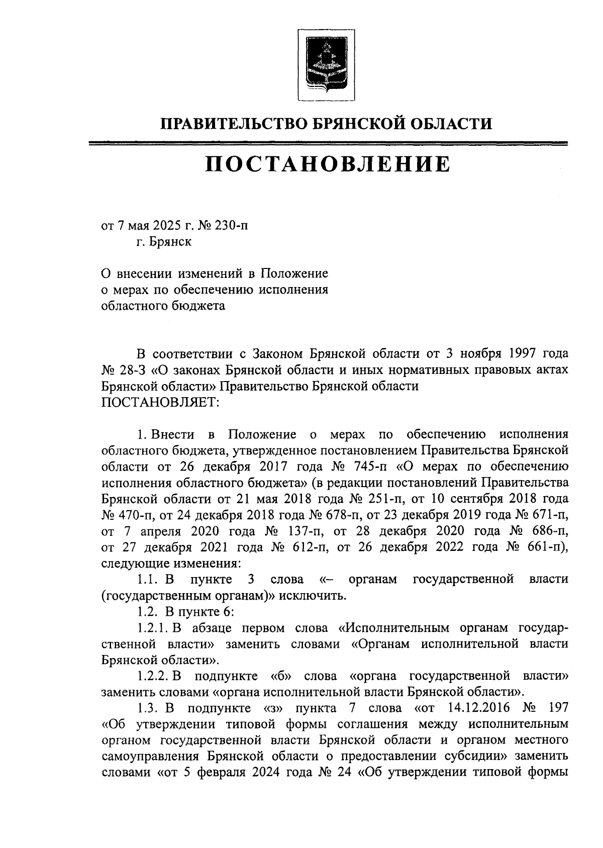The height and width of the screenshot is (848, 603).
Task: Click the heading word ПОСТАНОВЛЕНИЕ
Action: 327,164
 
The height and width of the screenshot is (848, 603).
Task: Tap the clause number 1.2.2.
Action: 153,677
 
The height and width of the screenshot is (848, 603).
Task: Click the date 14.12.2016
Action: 477,709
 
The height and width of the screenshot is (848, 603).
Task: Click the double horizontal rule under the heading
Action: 328,144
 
